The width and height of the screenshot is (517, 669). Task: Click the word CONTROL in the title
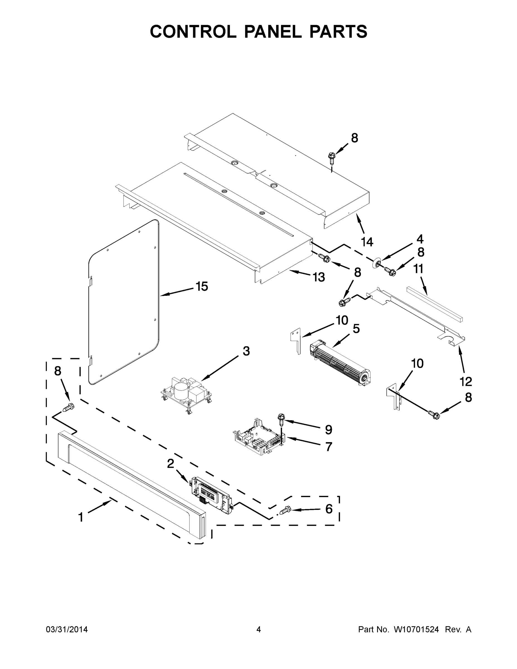(193, 31)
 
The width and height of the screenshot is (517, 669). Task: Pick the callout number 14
(367, 242)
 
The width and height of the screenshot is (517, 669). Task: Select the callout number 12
(466, 382)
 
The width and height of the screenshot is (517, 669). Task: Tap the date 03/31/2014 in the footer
(67, 629)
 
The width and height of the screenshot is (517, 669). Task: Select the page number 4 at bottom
(259, 629)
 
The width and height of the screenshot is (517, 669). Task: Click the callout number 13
(319, 277)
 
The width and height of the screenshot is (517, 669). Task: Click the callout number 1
(81, 517)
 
